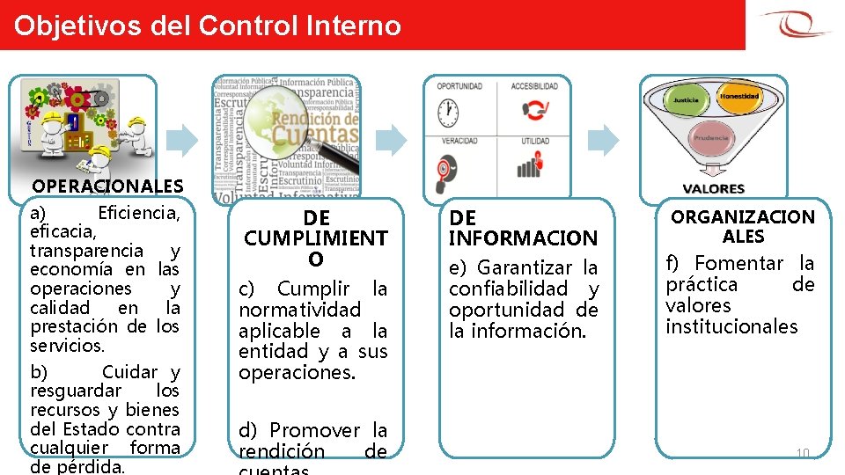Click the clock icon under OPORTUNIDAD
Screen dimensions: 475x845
point(448,111)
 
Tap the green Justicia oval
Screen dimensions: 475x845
point(686,101)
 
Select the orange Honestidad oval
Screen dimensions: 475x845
point(739,97)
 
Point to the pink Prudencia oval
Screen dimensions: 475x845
point(711,138)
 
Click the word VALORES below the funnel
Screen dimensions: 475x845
point(714,188)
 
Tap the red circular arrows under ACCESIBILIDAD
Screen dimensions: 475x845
point(533,110)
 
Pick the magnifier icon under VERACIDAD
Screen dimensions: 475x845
point(448,166)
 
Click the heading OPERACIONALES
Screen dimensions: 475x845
point(107,186)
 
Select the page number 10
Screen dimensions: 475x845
point(802,453)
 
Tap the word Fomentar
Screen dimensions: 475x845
point(739,263)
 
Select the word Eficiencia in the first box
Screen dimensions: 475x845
point(138,212)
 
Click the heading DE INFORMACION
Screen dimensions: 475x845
point(523,228)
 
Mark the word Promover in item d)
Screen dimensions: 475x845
point(315,430)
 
